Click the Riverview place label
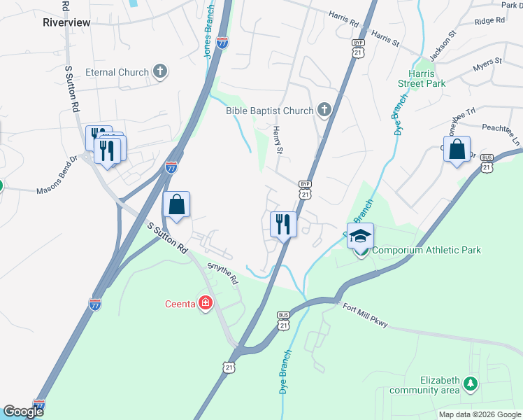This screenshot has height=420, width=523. pyautogui.click(x=66, y=22)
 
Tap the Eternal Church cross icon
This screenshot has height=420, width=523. pyautogui.click(x=160, y=72)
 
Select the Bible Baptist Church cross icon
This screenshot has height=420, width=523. pyautogui.click(x=323, y=110)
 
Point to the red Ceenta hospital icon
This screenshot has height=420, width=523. pyautogui.click(x=206, y=303)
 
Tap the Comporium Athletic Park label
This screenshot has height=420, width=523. pyautogui.click(x=427, y=251)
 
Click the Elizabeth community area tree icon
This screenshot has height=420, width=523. pyautogui.click(x=471, y=384)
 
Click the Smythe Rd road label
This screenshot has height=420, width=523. pyautogui.click(x=223, y=273)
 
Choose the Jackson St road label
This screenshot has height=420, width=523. pyautogui.click(x=443, y=43)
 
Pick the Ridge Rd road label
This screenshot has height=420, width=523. pyautogui.click(x=489, y=21)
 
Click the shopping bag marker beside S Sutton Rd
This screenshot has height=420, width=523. pyautogui.click(x=177, y=206)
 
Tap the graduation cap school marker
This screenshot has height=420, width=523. pyautogui.click(x=360, y=237)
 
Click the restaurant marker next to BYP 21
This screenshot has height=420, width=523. pyautogui.click(x=283, y=224)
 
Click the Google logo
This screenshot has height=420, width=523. pyautogui.click(x=23, y=412)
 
